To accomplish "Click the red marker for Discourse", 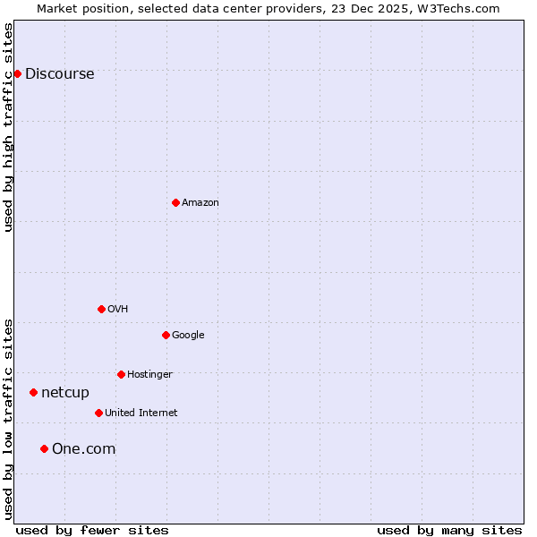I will click(17, 73).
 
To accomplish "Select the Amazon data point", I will click(175, 202).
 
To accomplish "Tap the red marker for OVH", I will click(101, 309).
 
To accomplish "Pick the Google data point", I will click(166, 335).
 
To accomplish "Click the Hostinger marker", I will click(121, 374).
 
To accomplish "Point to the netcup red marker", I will click(33, 392).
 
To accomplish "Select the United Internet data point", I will click(98, 413).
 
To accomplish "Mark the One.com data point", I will click(44, 448).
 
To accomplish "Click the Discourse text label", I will click(59, 74).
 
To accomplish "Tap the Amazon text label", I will click(200, 203).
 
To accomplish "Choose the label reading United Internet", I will click(141, 413).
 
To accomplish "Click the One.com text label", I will click(83, 449).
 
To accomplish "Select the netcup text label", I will click(65, 393).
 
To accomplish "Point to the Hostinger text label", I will click(149, 375).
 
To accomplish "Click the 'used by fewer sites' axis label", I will click(92, 530).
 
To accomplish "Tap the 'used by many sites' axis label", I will click(449, 530).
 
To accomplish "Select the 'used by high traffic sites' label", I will click(9, 127).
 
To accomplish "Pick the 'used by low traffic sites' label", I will click(9, 418).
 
